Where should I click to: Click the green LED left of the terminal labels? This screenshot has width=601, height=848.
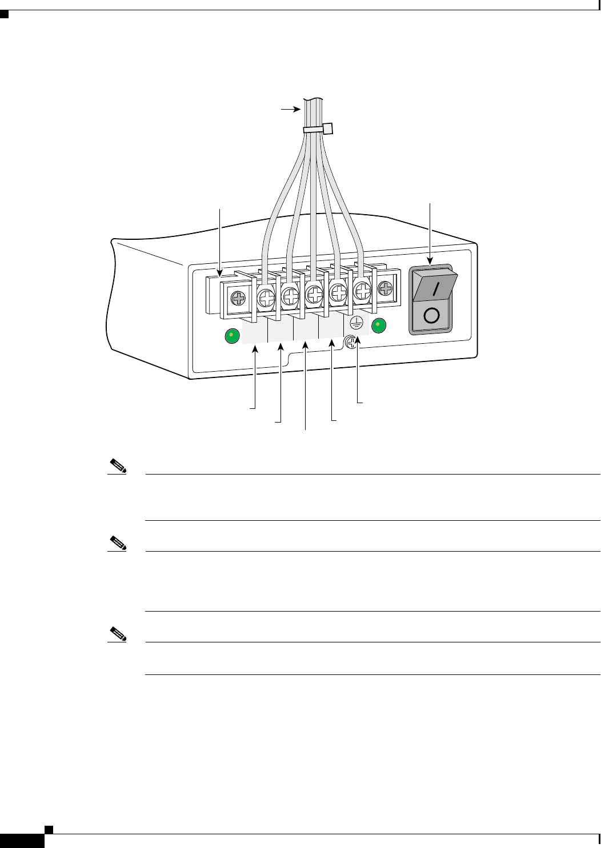[231, 336]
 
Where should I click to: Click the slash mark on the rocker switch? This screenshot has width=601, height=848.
[436, 288]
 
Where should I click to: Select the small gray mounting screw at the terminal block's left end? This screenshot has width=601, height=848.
[238, 298]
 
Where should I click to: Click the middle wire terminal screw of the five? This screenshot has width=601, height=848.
[314, 295]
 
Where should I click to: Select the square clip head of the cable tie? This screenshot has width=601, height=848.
[328, 128]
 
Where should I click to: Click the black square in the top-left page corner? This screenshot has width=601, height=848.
[4, 14]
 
